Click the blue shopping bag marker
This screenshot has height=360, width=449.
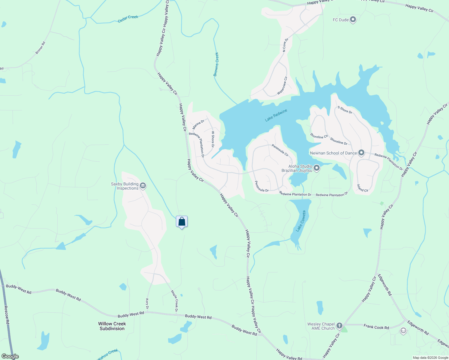pyautogui.click(x=182, y=222)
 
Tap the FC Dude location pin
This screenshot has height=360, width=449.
pyautogui.click(x=353, y=20)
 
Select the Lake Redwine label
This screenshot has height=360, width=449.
pyautogui.click(x=276, y=115)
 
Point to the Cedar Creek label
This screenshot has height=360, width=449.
pyautogui.click(x=128, y=19)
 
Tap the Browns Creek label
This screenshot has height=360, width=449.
pyautogui.click(x=216, y=64)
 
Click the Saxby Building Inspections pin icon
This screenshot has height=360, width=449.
pyautogui.click(x=143, y=186)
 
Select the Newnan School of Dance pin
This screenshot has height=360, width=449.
pyautogui.click(x=361, y=153)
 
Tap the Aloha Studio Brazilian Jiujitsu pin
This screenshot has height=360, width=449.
pyautogui.click(x=317, y=168)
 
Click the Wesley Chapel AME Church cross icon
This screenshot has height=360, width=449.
pyautogui.click(x=339, y=325)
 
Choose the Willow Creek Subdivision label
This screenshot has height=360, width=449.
pyautogui.click(x=112, y=326)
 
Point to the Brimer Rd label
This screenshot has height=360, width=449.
pyautogui.click(x=40, y=48)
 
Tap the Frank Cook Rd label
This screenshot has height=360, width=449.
pyautogui.click(x=376, y=327)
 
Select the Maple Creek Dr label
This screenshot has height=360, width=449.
pyautogui.click(x=174, y=301)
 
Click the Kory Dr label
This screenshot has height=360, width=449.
pyautogui.click(x=147, y=304)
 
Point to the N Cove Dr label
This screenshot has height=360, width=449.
pyautogui.click(x=285, y=45)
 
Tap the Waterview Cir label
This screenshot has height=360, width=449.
pyautogui.click(x=282, y=86)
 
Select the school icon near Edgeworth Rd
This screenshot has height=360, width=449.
pyautogui.click(x=403, y=331)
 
